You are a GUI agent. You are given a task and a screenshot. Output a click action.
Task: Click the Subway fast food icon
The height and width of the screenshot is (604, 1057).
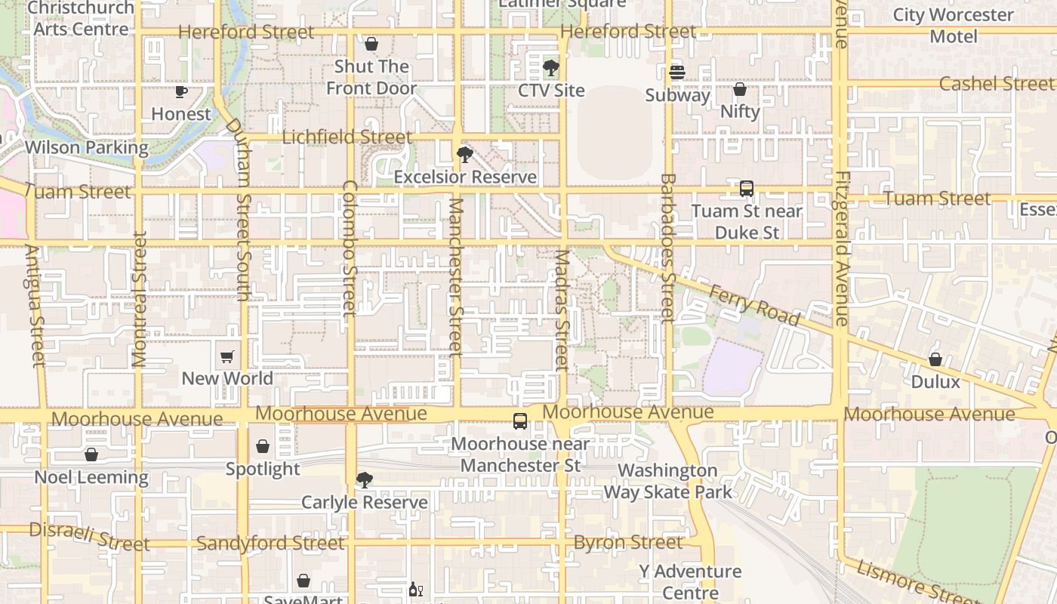coord(676,72)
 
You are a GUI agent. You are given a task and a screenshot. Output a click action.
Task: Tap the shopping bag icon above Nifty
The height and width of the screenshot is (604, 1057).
coord(740,89)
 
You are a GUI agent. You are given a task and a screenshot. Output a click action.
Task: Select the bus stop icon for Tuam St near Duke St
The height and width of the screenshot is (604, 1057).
coord(746,189)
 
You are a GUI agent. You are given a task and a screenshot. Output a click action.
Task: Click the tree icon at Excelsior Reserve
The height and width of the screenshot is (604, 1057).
coord(465,155)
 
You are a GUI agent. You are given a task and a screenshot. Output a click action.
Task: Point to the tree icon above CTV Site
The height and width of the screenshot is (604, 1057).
coord(551,68)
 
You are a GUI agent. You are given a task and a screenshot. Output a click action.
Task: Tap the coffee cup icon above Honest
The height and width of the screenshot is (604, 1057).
coord(180,92)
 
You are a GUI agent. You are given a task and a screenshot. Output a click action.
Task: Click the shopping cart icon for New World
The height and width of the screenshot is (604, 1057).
coord(227,356)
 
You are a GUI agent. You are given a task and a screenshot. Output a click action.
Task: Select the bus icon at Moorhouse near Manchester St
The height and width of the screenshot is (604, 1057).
coord(520,421)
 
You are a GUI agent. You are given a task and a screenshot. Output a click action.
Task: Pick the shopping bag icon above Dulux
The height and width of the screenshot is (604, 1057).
coord(935,359)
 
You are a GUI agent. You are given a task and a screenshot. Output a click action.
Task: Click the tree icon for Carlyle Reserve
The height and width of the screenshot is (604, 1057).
coord(365,480)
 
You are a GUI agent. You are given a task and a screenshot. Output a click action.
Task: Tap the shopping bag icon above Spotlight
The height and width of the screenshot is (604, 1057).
coord(263,447)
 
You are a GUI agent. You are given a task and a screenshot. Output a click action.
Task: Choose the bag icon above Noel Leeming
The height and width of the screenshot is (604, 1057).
coord(91,455)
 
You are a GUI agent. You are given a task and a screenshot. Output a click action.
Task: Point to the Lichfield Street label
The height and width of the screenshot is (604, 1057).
coord(347,137)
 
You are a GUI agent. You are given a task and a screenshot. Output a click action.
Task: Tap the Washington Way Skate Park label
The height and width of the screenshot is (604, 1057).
coord(667,481)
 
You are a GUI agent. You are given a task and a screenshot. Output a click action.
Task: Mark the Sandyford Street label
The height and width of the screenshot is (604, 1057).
coord(270,543)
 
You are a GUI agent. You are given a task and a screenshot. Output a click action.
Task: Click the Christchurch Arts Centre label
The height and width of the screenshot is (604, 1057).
coord(81,19)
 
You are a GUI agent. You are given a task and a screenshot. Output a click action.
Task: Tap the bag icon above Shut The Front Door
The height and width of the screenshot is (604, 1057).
coord(371,44)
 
